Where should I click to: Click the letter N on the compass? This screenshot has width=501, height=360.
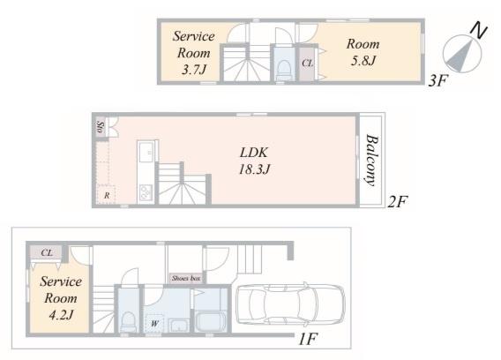click(479, 30)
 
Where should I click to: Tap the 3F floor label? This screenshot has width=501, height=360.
click(438, 80)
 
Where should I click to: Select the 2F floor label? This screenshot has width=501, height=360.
click(398, 202)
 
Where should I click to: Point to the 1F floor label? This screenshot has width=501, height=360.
click(308, 339)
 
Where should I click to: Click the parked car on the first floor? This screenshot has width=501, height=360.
click(290, 304)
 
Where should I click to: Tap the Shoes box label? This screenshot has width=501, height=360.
click(186, 278)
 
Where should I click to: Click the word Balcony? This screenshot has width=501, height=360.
click(371, 161)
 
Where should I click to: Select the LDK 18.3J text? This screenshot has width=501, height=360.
click(255, 161)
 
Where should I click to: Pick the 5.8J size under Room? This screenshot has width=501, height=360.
click(363, 60)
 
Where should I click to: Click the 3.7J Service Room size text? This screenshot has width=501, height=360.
click(194, 70)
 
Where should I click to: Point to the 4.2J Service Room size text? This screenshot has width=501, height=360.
click(61, 315)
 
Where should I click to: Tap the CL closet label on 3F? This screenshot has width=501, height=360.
click(307, 64)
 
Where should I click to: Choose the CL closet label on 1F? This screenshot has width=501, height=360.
click(47, 253)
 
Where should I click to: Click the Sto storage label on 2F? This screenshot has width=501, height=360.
click(101, 127)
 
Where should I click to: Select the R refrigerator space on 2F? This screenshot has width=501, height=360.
click(107, 195)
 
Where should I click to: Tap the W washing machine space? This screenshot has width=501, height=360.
click(154, 324)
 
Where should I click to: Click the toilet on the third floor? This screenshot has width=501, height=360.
click(283, 69)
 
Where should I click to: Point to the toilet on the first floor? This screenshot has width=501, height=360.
click(129, 321)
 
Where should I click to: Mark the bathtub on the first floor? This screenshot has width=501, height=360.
click(211, 322)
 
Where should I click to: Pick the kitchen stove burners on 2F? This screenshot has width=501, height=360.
click(146, 192)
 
